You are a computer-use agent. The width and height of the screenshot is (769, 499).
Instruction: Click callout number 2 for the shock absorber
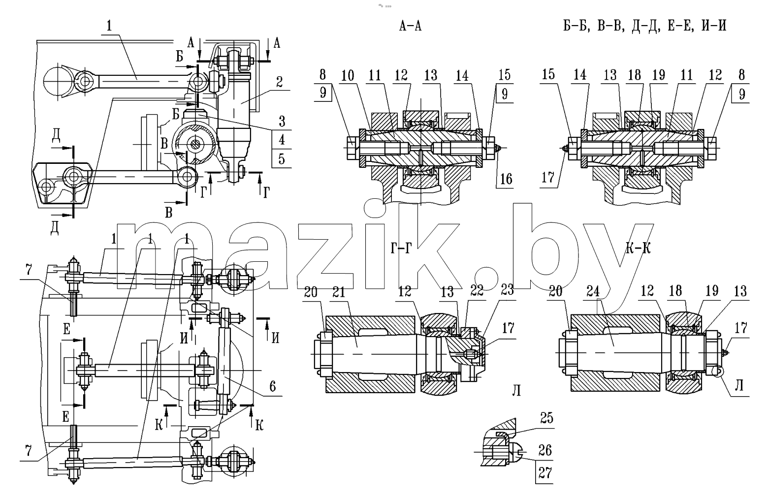279,82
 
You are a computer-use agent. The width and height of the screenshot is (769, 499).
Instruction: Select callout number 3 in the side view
282,121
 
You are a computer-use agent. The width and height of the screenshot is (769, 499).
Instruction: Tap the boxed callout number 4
282,140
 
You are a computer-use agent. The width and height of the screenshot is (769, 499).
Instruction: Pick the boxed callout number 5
282,159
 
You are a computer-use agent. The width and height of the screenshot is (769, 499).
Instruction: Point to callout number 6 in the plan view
273,386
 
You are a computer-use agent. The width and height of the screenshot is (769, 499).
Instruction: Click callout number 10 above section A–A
348,75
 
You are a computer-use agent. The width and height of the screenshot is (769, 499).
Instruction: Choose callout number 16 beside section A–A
506,179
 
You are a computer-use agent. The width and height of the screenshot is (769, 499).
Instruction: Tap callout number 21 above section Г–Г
339,292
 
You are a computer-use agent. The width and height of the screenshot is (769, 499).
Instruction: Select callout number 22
477,290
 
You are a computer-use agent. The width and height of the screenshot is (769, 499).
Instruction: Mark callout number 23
507,290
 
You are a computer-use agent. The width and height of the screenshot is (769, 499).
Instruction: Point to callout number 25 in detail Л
546,418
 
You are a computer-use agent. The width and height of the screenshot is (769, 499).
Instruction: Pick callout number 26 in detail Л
545,450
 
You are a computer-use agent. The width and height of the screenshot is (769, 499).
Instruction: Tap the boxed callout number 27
545,473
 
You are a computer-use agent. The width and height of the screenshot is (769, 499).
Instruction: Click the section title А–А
410,26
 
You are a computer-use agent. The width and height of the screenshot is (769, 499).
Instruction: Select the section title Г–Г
401,248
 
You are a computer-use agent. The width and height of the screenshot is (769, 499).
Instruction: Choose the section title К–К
638,248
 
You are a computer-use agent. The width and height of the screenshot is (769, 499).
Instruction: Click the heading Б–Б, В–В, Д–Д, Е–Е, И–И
645,26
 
